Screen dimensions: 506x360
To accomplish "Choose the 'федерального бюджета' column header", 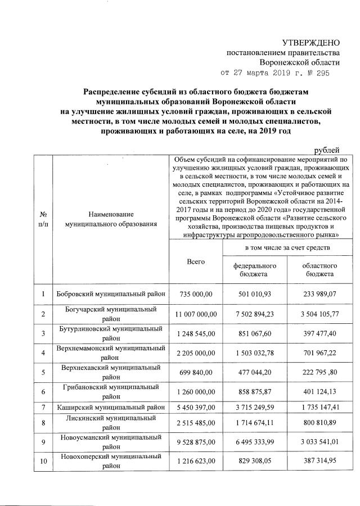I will coord(255,269).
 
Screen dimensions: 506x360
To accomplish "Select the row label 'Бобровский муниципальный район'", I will coord(110,295).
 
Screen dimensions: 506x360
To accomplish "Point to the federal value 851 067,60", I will coord(255,335).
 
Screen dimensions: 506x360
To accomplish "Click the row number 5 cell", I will coord(43,372).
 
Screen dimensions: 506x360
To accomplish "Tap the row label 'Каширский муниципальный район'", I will coord(110,406).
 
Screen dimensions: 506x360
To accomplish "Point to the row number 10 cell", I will coord(43,460).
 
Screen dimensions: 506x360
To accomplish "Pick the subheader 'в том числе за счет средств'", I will coord(287,247).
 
